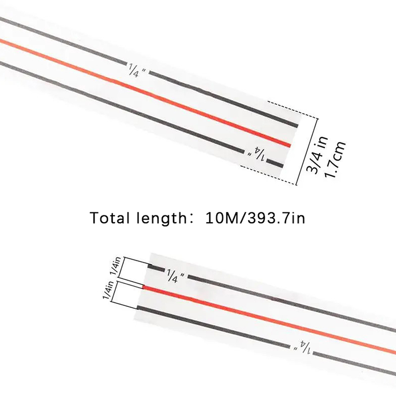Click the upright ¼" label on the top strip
coord(137,70)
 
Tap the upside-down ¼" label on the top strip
coord(256,153)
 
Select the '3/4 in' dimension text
coord(317,154)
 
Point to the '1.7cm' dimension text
coord(335,159)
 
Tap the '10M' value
coord(221,218)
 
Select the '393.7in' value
coord(276,218)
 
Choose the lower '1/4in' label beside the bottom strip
coord(108,290)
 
